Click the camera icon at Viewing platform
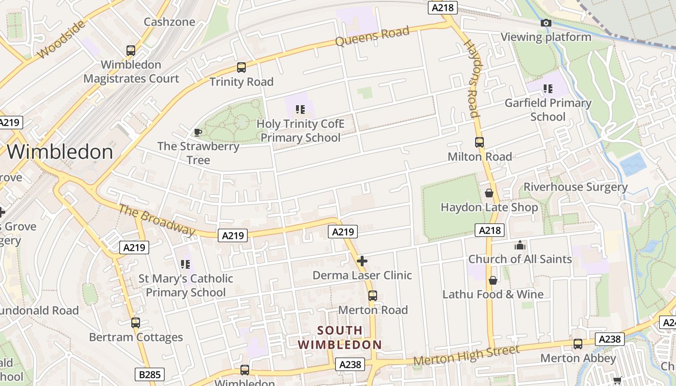pos(546,23)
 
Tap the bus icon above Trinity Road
pos(241,68)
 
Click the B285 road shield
pos(149,374)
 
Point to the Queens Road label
pos(372,36)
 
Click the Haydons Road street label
pos(471,79)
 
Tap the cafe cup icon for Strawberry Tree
pos(197,132)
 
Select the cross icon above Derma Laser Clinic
pos(362,261)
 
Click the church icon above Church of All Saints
pos(520,245)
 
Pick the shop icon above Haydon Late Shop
pos(489,193)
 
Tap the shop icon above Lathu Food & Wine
pos(493,280)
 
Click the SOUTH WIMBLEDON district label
pos(339,338)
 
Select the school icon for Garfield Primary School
pos(548,89)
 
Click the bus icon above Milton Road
pos(479,142)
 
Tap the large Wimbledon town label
pos(60,152)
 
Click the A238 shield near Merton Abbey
pos(609,339)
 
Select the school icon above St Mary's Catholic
pos(185,264)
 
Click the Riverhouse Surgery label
pos(576,187)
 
